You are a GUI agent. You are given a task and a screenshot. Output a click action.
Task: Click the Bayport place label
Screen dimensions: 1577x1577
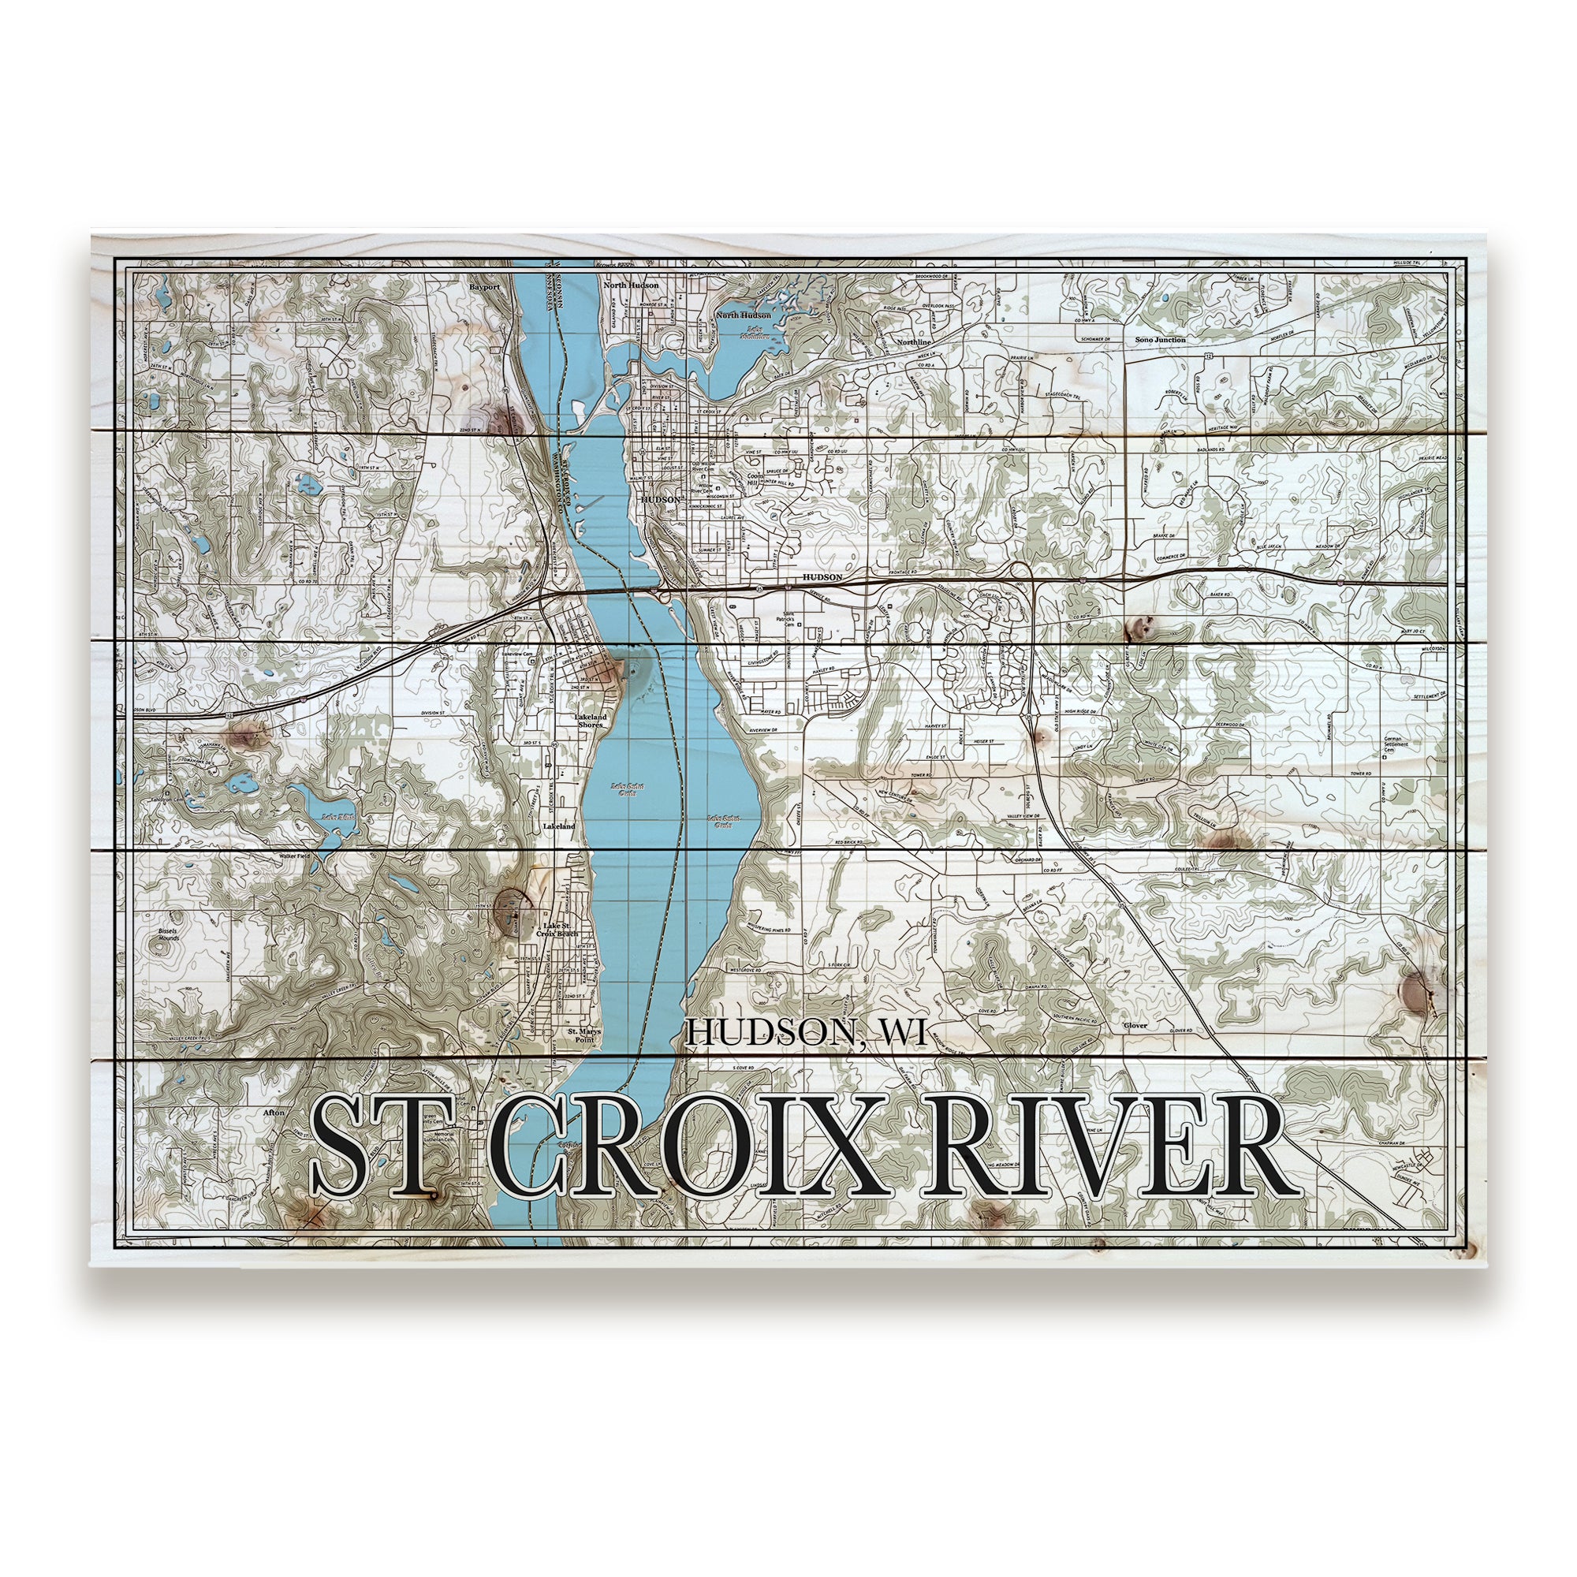483,287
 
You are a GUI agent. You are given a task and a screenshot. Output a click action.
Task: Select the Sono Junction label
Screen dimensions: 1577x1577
1160,340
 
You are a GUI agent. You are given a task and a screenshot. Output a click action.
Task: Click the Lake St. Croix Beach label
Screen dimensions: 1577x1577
559,929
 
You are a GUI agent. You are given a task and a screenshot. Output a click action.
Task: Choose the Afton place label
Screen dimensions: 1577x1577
274,1113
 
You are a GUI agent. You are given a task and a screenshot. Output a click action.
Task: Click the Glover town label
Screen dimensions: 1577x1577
1135,1025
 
